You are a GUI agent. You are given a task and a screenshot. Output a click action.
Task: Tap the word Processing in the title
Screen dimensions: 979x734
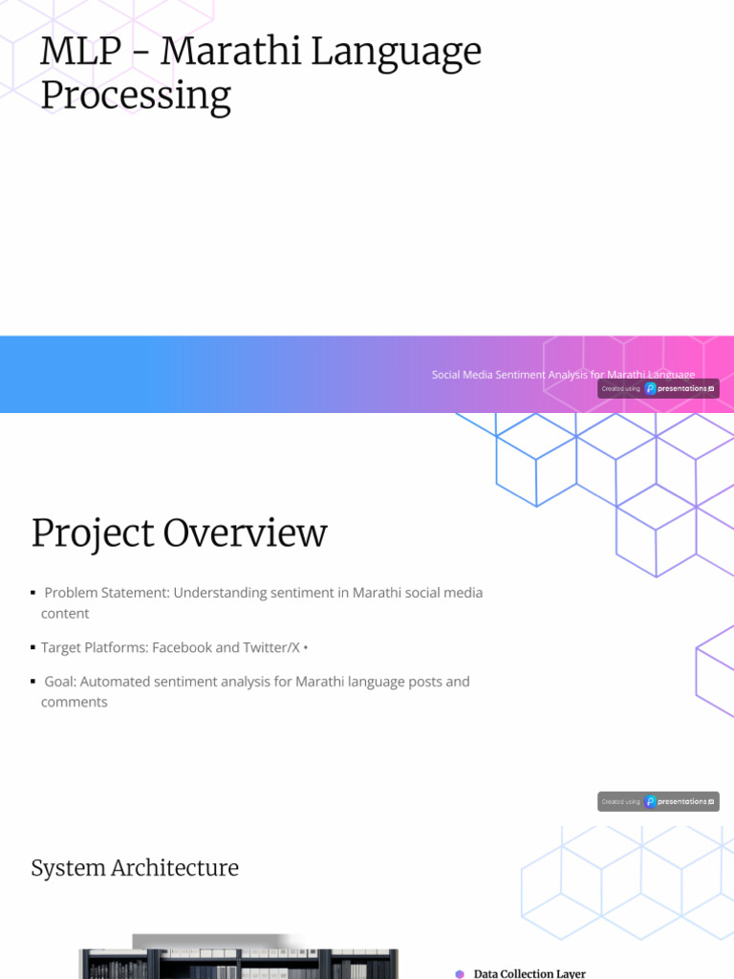[x=135, y=96]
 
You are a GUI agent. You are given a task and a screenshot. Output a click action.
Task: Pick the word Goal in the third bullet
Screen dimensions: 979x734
[x=60, y=682]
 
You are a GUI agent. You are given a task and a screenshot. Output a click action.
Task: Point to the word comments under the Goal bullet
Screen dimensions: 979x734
[x=74, y=702]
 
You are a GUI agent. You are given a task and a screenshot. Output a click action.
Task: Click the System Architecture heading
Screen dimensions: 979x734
[x=135, y=868]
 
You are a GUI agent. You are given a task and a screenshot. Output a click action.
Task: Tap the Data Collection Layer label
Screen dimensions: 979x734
[x=529, y=973]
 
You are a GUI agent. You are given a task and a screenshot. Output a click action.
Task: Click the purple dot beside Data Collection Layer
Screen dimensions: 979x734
[x=460, y=973]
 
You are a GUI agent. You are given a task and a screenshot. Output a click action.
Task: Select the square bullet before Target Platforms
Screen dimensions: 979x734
[x=32, y=647]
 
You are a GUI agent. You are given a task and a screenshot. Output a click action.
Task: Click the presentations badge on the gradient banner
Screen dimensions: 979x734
[x=658, y=388]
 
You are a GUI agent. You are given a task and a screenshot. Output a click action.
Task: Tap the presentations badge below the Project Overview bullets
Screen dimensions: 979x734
[x=658, y=801]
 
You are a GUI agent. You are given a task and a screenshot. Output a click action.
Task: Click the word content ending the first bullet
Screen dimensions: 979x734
[x=65, y=613]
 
